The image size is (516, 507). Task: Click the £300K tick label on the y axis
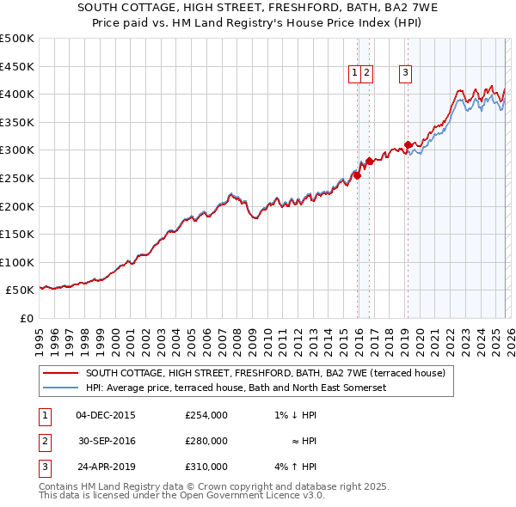point(16,150)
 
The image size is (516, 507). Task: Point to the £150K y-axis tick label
point(16,234)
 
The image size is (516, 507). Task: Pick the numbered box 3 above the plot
point(404,74)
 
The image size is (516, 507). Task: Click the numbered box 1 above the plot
point(354,74)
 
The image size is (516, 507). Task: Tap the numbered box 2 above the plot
point(366,74)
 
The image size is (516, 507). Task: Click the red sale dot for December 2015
point(357,175)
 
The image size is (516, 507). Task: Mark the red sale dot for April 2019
point(408,144)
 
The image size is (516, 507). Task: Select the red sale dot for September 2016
point(369,161)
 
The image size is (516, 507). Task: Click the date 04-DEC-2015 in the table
point(106,415)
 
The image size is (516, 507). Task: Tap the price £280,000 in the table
point(206,441)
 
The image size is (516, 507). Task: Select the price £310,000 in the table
point(206,467)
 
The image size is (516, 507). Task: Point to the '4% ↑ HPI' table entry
point(296,467)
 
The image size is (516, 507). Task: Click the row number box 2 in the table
point(44,441)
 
